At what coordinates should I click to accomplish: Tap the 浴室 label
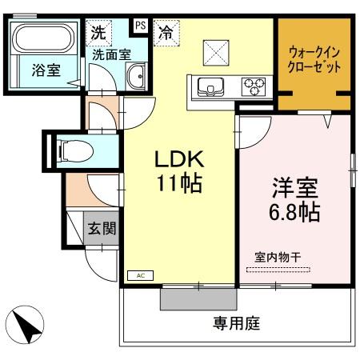click(46, 70)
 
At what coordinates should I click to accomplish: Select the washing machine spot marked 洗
click(97, 34)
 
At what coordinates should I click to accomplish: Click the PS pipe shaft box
click(140, 25)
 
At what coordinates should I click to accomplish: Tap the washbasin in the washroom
click(134, 78)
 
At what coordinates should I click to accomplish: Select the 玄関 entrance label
click(102, 229)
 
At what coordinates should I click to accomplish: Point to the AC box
click(140, 274)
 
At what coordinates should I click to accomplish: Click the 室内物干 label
click(278, 258)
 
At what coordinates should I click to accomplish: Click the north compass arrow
click(23, 327)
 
